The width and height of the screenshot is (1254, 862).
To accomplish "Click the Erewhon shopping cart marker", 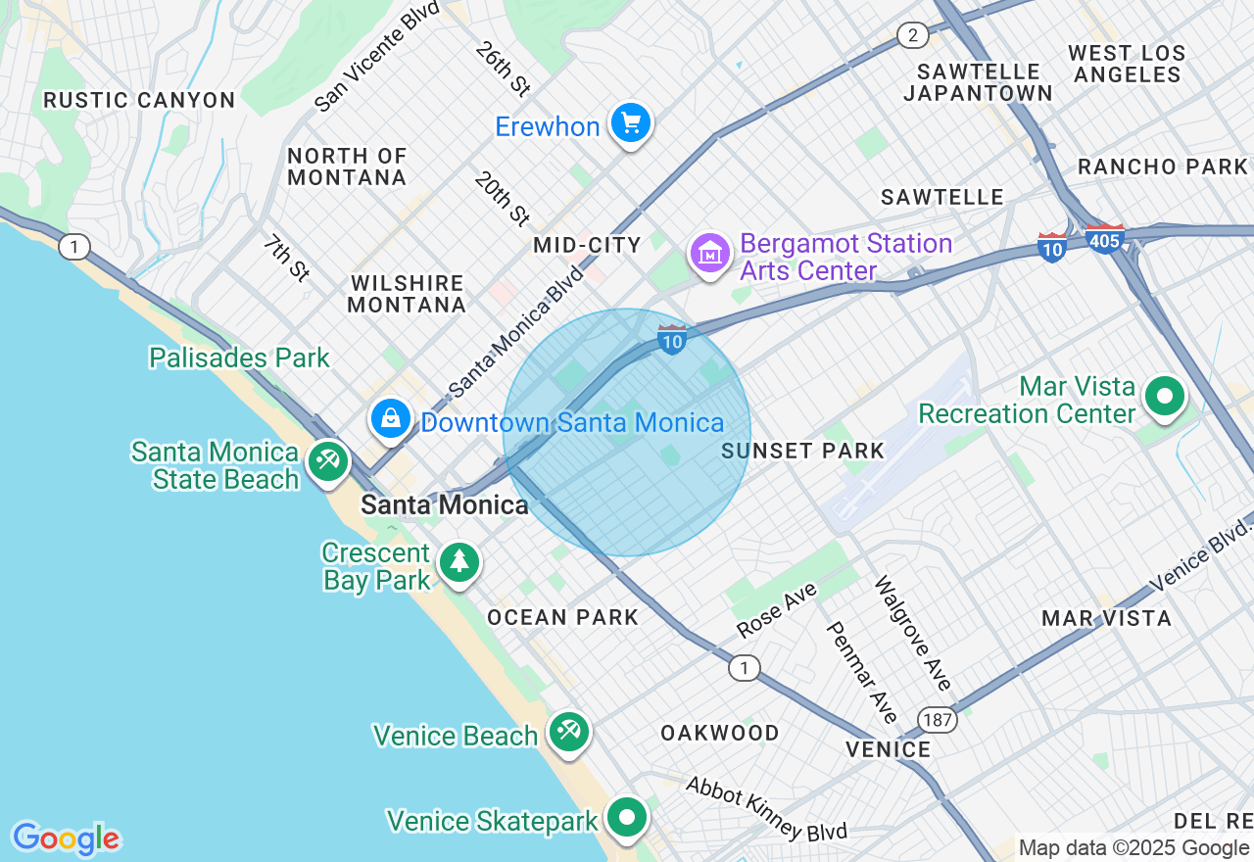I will (631, 123).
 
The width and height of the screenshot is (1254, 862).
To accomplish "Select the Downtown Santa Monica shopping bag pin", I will (391, 418).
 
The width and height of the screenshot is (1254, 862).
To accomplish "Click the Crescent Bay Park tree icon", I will (458, 562).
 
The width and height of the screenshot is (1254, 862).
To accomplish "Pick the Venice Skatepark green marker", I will (627, 816).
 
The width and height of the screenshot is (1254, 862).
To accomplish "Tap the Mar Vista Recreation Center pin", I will (1165, 397).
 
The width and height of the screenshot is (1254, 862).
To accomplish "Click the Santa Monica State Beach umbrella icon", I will (326, 460).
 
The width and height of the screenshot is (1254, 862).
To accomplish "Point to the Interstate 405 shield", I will (1104, 239).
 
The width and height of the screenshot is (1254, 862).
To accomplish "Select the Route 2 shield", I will (913, 36).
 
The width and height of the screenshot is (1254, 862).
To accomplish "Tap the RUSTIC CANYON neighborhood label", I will (139, 100).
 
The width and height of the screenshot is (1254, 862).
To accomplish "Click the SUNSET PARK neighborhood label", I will (802, 451).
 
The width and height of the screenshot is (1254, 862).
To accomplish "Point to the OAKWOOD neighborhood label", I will (719, 733).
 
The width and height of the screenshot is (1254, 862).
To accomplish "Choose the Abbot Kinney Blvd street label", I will (766, 808).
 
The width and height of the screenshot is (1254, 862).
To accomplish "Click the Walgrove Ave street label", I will (913, 633).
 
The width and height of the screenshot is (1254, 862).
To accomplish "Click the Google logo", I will (66, 838).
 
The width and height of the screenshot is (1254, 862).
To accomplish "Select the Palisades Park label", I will (239, 358).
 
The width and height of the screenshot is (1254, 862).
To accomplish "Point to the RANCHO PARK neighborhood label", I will (1162, 167).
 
